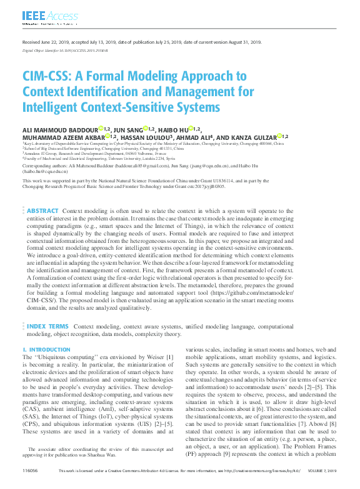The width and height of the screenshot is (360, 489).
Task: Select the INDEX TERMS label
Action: point(47,326)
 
